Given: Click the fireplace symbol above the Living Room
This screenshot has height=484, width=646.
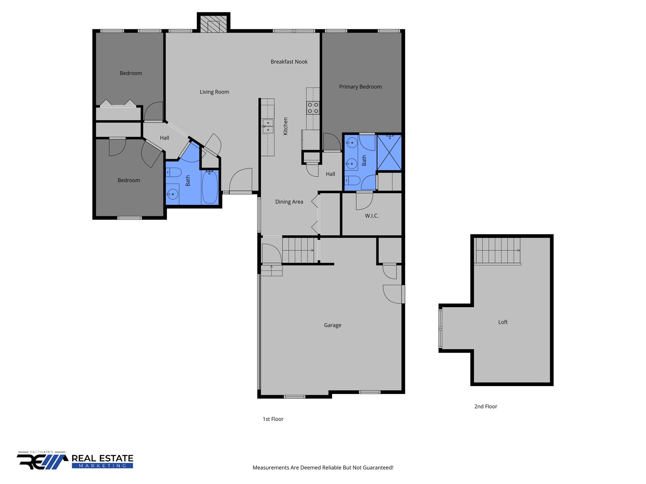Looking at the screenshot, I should (214, 24).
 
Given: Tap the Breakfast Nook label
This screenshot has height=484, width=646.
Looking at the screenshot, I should (289, 62).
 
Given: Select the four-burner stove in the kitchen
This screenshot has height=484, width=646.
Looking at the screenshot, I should (313, 108).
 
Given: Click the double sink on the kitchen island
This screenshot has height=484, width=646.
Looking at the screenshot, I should (268, 126).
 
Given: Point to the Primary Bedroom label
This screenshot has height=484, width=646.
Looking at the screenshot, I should (360, 87).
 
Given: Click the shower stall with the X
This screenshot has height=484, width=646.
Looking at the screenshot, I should (389, 153).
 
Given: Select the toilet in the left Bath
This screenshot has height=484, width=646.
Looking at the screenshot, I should (174, 172).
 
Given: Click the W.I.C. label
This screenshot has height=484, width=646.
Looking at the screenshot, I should (372, 216).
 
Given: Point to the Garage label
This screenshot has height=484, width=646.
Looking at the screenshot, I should (332, 325).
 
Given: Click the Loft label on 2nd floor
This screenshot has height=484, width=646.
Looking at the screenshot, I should (503, 322).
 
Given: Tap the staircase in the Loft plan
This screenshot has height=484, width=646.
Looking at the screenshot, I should (497, 251).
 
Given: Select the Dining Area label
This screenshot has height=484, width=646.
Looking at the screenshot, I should (289, 202).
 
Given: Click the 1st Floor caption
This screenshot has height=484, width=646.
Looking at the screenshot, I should (273, 419).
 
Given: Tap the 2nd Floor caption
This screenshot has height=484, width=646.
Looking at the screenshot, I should (485, 406).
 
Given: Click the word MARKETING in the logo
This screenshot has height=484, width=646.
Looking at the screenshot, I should (102, 466).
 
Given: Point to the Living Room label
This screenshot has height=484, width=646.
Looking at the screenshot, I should (214, 92).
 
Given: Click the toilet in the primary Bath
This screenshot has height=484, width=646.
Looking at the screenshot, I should (353, 181).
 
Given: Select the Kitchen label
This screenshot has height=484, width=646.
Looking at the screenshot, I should (285, 126).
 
